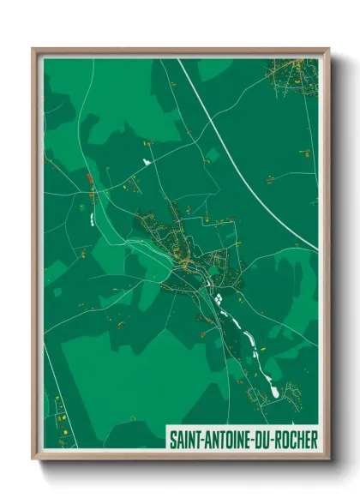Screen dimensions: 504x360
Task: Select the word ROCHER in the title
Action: coord(296,440)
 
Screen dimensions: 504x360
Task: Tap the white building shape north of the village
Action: coord(147,159)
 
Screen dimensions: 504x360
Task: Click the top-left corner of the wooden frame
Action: coord(34,50)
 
